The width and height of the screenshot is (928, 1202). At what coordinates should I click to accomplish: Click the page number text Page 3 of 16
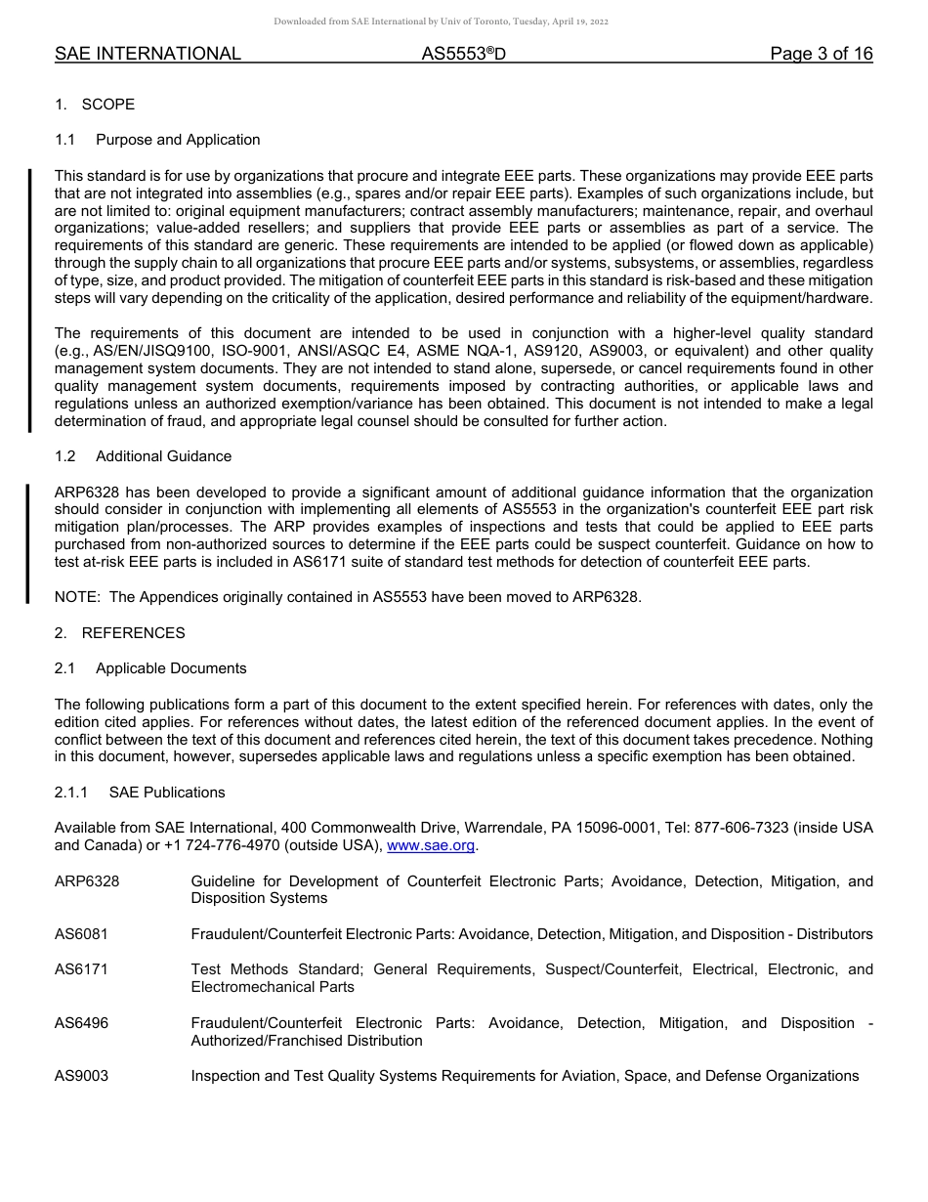[x=821, y=55]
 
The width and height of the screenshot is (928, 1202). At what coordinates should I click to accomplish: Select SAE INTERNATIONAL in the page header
[x=148, y=55]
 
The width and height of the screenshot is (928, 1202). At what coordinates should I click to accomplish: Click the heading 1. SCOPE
[x=95, y=105]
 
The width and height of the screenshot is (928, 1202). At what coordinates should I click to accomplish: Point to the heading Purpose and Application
[x=178, y=140]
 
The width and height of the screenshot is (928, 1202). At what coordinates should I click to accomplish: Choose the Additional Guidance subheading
[x=163, y=456]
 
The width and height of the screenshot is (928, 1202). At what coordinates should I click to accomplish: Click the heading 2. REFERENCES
[x=120, y=633]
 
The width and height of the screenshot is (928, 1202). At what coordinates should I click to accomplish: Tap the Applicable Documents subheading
[x=171, y=668]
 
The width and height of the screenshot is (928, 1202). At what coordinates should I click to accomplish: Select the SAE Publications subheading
[x=167, y=793]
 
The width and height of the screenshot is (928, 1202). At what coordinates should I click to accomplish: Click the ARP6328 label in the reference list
[x=87, y=881]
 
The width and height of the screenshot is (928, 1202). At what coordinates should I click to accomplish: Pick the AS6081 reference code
[x=81, y=934]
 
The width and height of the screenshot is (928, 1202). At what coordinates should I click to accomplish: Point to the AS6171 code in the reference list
[x=81, y=969]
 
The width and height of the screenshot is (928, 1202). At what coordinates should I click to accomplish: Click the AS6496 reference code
[x=81, y=1023]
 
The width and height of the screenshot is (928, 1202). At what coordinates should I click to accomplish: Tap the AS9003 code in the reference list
[x=81, y=1076]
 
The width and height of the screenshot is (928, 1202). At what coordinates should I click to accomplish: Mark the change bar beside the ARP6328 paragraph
[x=28, y=544]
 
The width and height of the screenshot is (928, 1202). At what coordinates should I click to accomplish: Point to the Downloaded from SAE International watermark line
[x=441, y=21]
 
